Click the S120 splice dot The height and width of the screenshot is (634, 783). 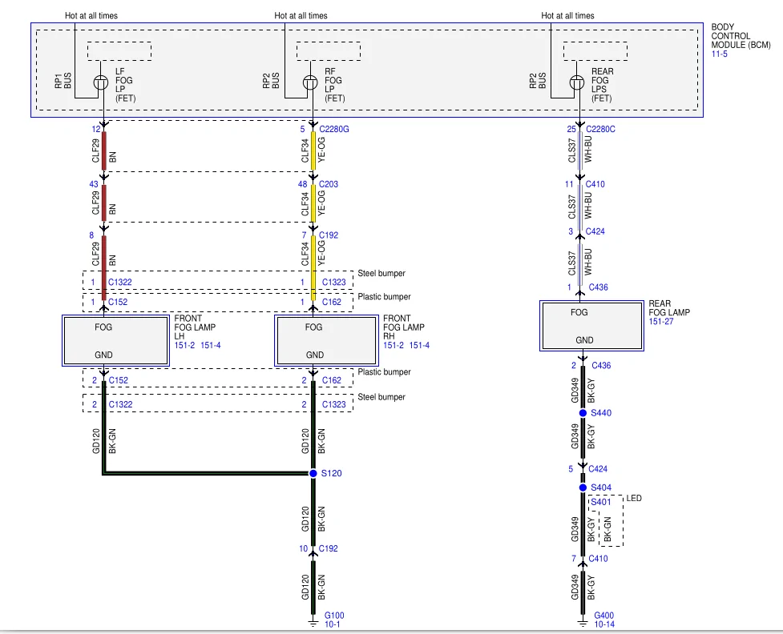click(313, 473)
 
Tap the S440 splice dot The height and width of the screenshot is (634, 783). click(583, 413)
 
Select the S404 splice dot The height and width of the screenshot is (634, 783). click(583, 488)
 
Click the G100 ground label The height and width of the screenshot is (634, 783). click(334, 615)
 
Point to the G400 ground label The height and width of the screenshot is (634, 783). click(603, 615)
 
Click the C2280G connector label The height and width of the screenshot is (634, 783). click(334, 129)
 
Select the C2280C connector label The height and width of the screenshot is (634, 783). click(600, 129)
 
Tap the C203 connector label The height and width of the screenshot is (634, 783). click(329, 184)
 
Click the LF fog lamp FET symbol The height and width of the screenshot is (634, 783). click(101, 82)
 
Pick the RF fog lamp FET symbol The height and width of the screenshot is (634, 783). click(310, 82)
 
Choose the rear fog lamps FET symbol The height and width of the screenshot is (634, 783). click(577, 82)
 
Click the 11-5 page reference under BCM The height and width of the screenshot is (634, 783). click(719, 54)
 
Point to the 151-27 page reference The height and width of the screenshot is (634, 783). click(661, 321)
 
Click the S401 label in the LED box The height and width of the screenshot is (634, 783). click(601, 502)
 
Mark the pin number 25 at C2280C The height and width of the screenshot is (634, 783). click(571, 129)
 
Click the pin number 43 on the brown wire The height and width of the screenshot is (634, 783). click(94, 184)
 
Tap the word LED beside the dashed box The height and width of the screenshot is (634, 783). click(634, 498)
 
